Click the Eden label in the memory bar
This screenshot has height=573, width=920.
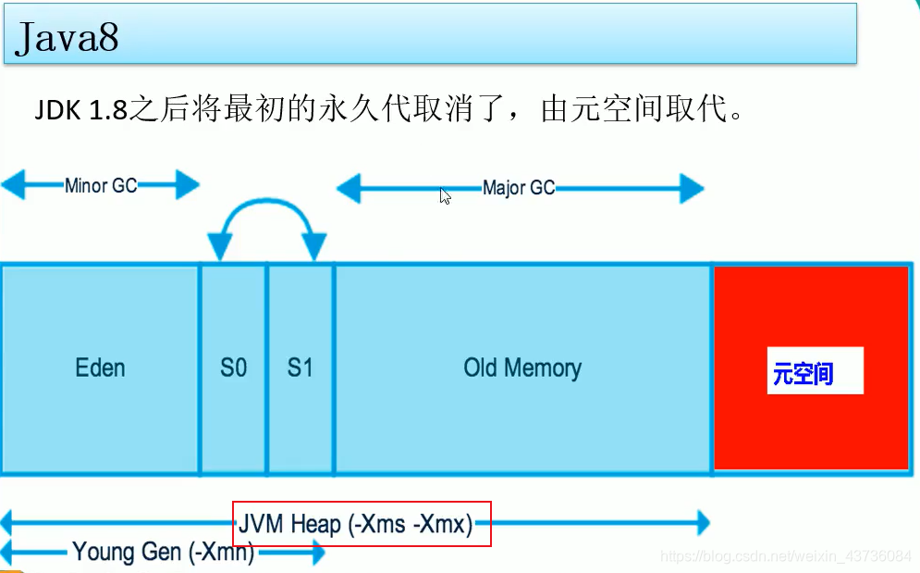pyautogui.click(x=100, y=368)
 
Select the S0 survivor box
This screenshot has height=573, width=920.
pyautogui.click(x=233, y=368)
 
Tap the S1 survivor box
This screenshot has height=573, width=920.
pyautogui.click(x=301, y=368)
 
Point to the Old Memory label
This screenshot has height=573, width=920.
pyautogui.click(x=522, y=368)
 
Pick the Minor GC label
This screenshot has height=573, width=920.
pyautogui.click(x=101, y=185)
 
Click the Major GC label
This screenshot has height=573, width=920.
pyautogui.click(x=519, y=189)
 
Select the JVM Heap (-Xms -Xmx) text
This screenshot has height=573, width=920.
pyautogui.click(x=356, y=525)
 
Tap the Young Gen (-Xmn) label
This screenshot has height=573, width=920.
pyautogui.click(x=164, y=553)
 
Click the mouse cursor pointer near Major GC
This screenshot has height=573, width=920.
pyautogui.click(x=445, y=195)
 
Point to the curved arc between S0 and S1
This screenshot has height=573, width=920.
pyautogui.click(x=267, y=206)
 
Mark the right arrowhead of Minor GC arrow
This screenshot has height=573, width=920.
pyautogui.click(x=187, y=185)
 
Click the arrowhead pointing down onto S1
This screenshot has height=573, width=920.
pyautogui.click(x=314, y=247)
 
